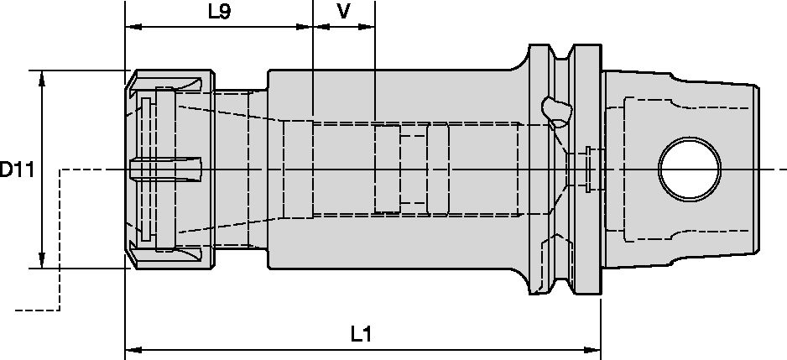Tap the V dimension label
tap(342, 12)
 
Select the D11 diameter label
tap(16, 170)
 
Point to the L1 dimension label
tap(361, 334)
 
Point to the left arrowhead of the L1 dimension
tap(131, 347)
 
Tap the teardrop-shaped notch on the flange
tap(555, 108)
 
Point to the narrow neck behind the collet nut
tap(240, 170)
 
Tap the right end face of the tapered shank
tap(759, 170)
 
